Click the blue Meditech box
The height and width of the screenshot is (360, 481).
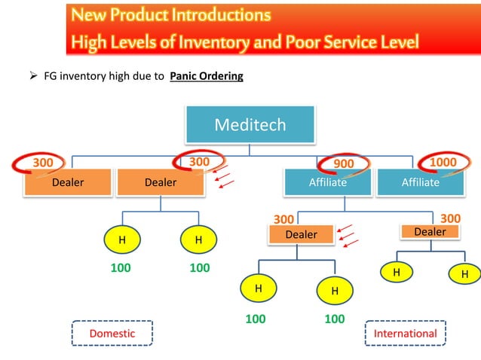click(x=250, y=125)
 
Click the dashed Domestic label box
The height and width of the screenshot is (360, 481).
click(x=112, y=333)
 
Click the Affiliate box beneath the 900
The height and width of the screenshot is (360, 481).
click(x=327, y=182)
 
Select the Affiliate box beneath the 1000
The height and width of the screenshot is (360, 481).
click(x=420, y=182)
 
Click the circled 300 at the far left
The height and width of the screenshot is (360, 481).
click(x=42, y=162)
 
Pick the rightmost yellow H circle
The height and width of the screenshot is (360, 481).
click(x=464, y=274)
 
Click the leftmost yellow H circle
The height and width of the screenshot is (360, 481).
click(x=121, y=239)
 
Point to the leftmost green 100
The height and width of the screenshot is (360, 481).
click(x=121, y=267)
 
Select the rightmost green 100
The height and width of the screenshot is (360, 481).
click(x=334, y=319)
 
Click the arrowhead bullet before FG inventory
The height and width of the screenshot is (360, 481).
click(x=23, y=76)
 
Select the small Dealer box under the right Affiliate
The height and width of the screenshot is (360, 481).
click(x=430, y=232)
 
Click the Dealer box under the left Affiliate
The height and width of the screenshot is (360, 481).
click(x=301, y=235)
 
